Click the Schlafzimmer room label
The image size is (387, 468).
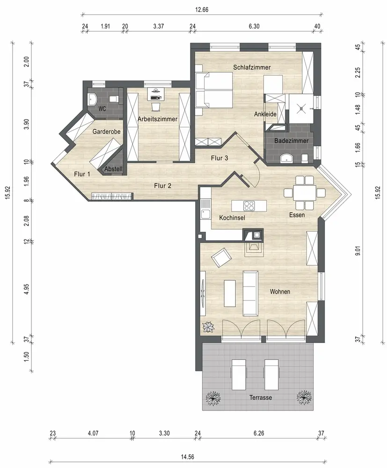click(252, 67)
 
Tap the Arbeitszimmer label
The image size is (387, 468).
click(158, 119)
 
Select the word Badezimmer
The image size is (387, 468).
click(291, 140)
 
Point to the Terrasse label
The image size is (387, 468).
click(261, 397)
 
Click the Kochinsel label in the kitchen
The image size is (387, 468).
click(232, 218)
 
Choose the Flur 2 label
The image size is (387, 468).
click(163, 186)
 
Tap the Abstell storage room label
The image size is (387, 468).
click(113, 169)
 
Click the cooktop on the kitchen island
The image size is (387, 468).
click(248, 205)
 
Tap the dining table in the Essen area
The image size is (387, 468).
click(304, 193)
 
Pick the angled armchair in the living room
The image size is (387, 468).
click(221, 257)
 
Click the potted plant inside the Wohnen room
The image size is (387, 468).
click(209, 327)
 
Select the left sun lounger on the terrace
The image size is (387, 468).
click(239, 374)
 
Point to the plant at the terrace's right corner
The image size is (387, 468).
click(304, 397)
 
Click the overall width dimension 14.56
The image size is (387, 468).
click(187, 457)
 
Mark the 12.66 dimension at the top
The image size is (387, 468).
click(202, 9)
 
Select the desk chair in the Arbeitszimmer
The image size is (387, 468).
click(156, 106)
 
